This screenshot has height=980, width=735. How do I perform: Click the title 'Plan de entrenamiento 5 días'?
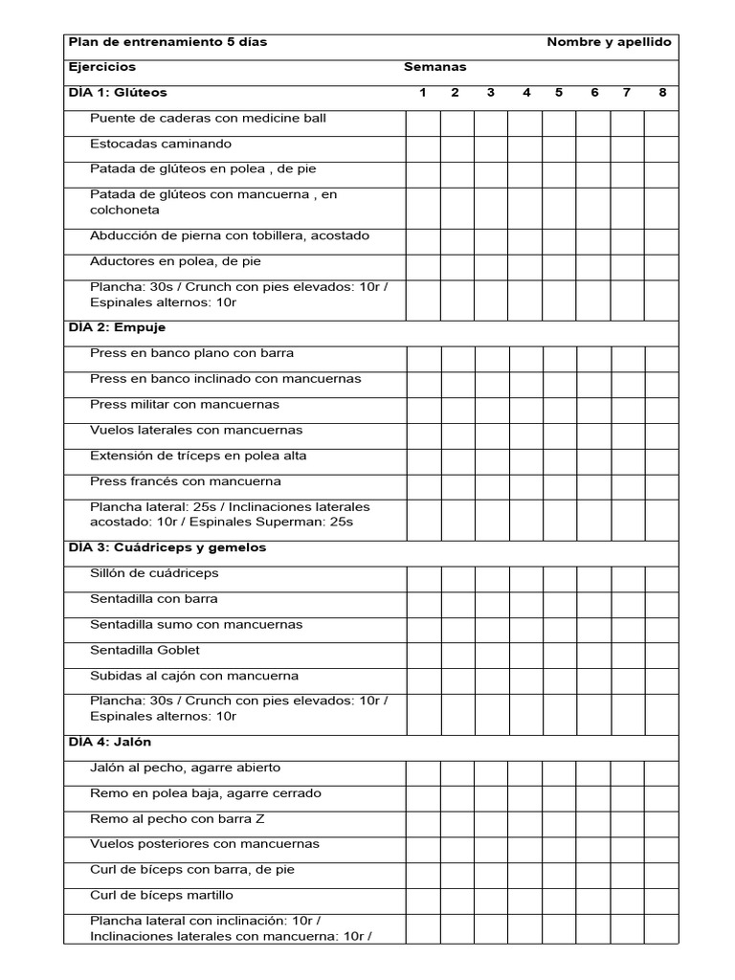point(167,42)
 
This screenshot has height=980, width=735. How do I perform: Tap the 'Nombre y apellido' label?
point(609,42)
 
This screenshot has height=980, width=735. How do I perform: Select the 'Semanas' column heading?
point(434,67)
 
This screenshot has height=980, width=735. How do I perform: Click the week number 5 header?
point(559,93)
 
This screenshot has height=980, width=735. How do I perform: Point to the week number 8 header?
point(662,93)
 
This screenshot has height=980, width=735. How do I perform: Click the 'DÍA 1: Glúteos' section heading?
point(118,93)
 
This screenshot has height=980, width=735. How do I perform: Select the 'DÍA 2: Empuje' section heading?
point(117,327)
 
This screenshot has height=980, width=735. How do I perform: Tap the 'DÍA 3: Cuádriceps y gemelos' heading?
point(167,547)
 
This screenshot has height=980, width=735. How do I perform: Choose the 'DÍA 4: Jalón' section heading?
point(110,742)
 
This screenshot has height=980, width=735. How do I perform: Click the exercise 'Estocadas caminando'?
point(161,144)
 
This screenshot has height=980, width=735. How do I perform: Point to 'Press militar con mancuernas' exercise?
point(185,404)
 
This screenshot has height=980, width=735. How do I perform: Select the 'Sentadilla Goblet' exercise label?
point(145,650)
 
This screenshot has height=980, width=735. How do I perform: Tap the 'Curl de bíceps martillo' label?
point(162,895)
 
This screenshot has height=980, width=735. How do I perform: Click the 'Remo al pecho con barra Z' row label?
point(170,818)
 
